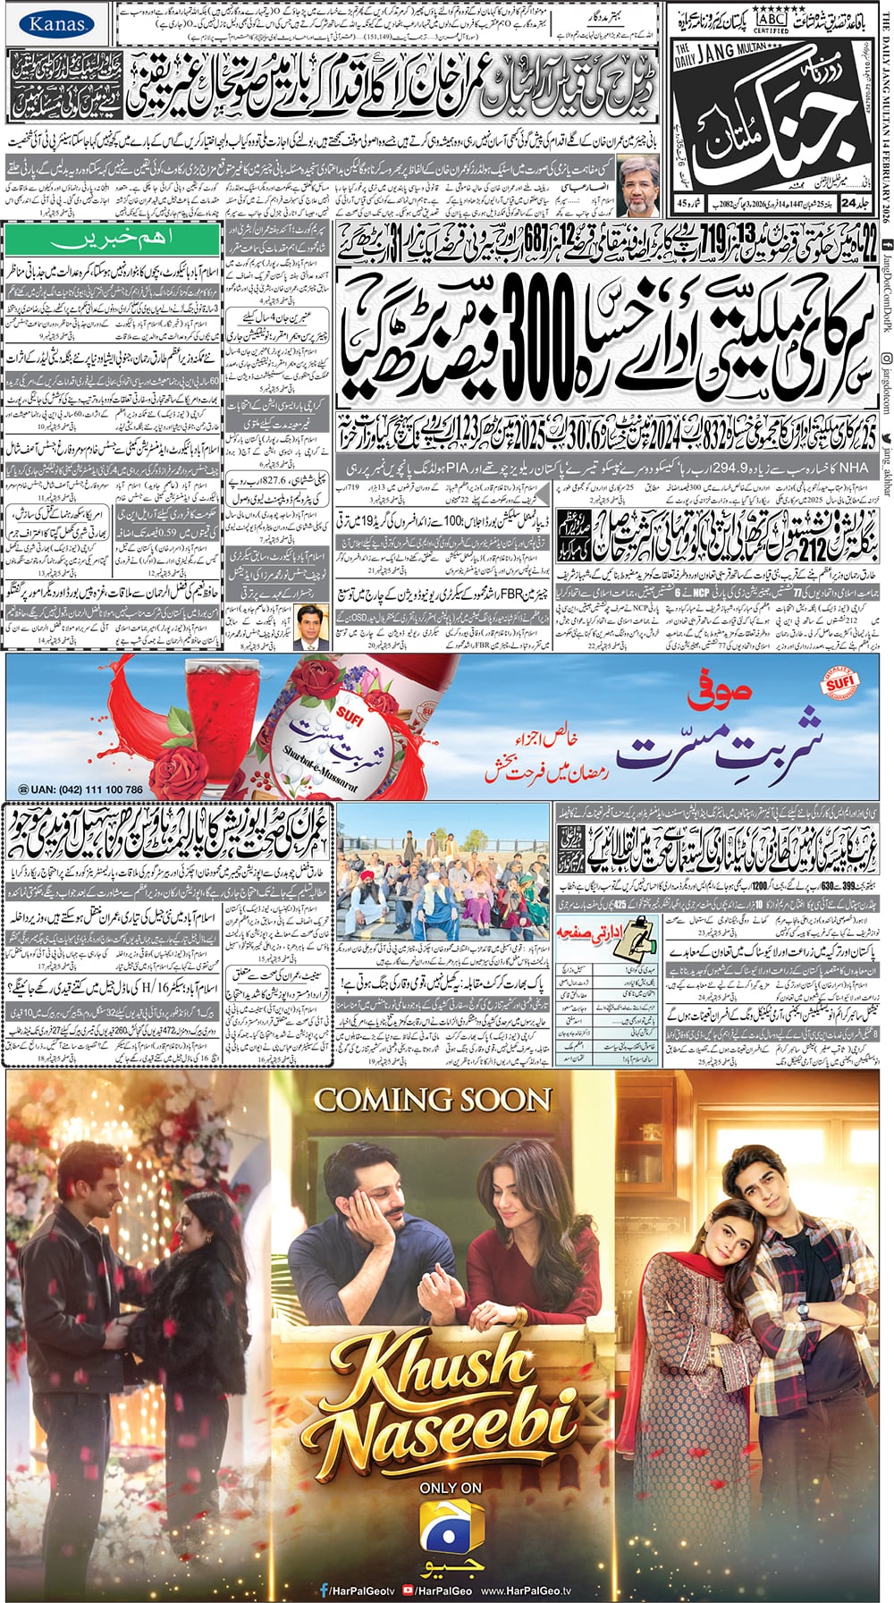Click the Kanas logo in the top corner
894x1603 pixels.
(x=55, y=24)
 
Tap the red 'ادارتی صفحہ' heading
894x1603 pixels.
(x=592, y=932)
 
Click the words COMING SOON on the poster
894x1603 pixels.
(x=432, y=1099)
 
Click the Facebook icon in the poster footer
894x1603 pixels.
(x=324, y=1590)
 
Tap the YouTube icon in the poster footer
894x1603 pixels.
(x=408, y=1590)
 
